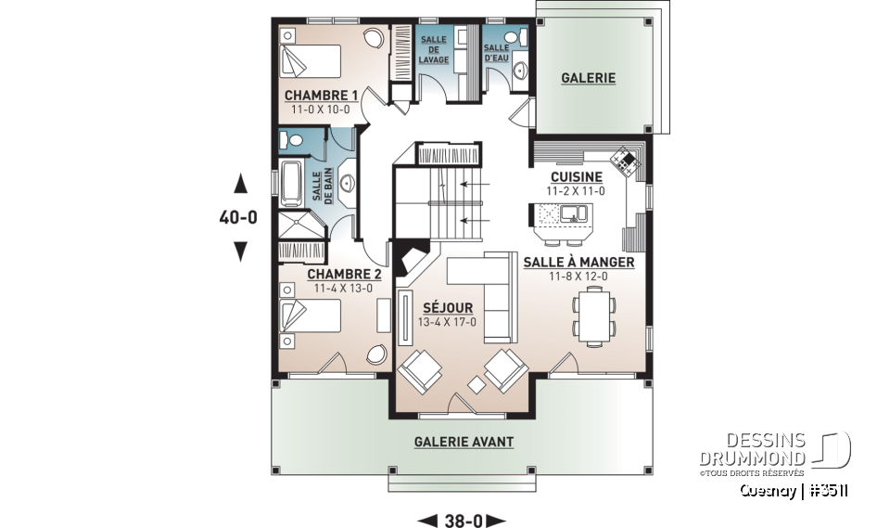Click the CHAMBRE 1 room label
[x=321, y=95]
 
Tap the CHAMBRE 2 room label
[x=344, y=275]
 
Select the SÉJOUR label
[x=448, y=307]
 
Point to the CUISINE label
[x=576, y=177]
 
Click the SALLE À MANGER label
[x=578, y=263]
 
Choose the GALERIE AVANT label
[x=464, y=442]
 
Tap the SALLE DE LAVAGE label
[x=434, y=50]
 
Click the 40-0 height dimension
[x=238, y=217]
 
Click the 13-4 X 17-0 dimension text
[x=447, y=322]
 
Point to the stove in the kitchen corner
[x=626, y=160]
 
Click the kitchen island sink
[x=574, y=213]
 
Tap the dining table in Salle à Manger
[x=594, y=316]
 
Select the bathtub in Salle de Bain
[x=291, y=184]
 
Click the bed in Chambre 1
[x=310, y=61]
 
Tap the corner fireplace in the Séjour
[x=412, y=257]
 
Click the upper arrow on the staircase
[x=476, y=184]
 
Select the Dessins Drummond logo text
[x=752, y=449]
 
